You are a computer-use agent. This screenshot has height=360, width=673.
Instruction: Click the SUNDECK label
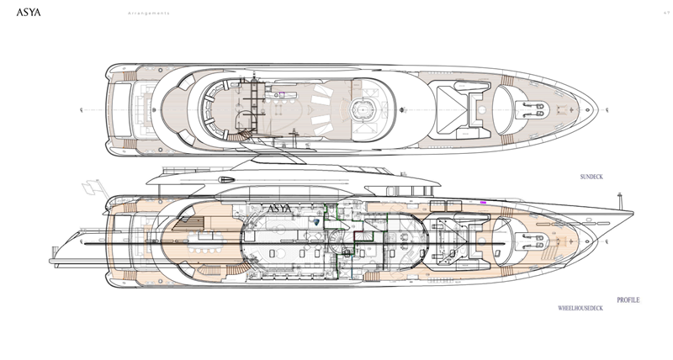click(x=593, y=178)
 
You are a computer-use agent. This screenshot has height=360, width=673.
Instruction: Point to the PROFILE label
click(x=628, y=300)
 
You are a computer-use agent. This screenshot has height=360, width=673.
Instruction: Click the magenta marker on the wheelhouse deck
click(x=484, y=203)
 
